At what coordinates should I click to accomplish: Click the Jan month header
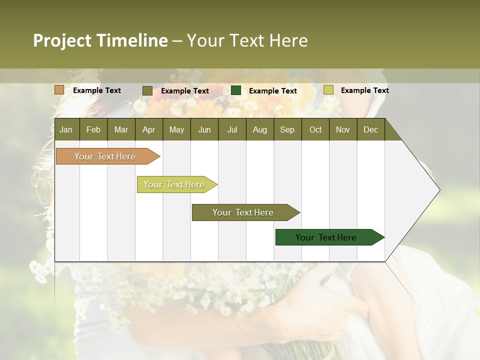(x=66, y=129)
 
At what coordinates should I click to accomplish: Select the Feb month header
(x=93, y=129)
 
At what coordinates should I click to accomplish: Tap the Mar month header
(x=121, y=129)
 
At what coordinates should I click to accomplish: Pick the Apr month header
(x=148, y=129)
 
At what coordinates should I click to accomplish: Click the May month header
(x=176, y=129)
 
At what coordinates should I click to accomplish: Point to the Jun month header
(x=204, y=129)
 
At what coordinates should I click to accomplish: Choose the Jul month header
(x=232, y=129)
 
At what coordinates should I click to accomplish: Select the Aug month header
(x=259, y=129)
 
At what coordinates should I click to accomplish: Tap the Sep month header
(x=287, y=129)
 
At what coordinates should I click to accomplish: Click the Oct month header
(x=315, y=129)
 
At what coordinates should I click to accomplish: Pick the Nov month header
(x=343, y=129)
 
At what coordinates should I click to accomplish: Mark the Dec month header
(x=370, y=129)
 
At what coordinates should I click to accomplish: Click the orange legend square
(x=59, y=90)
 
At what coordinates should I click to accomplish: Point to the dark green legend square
(x=236, y=90)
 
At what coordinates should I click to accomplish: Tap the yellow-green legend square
(x=328, y=90)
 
